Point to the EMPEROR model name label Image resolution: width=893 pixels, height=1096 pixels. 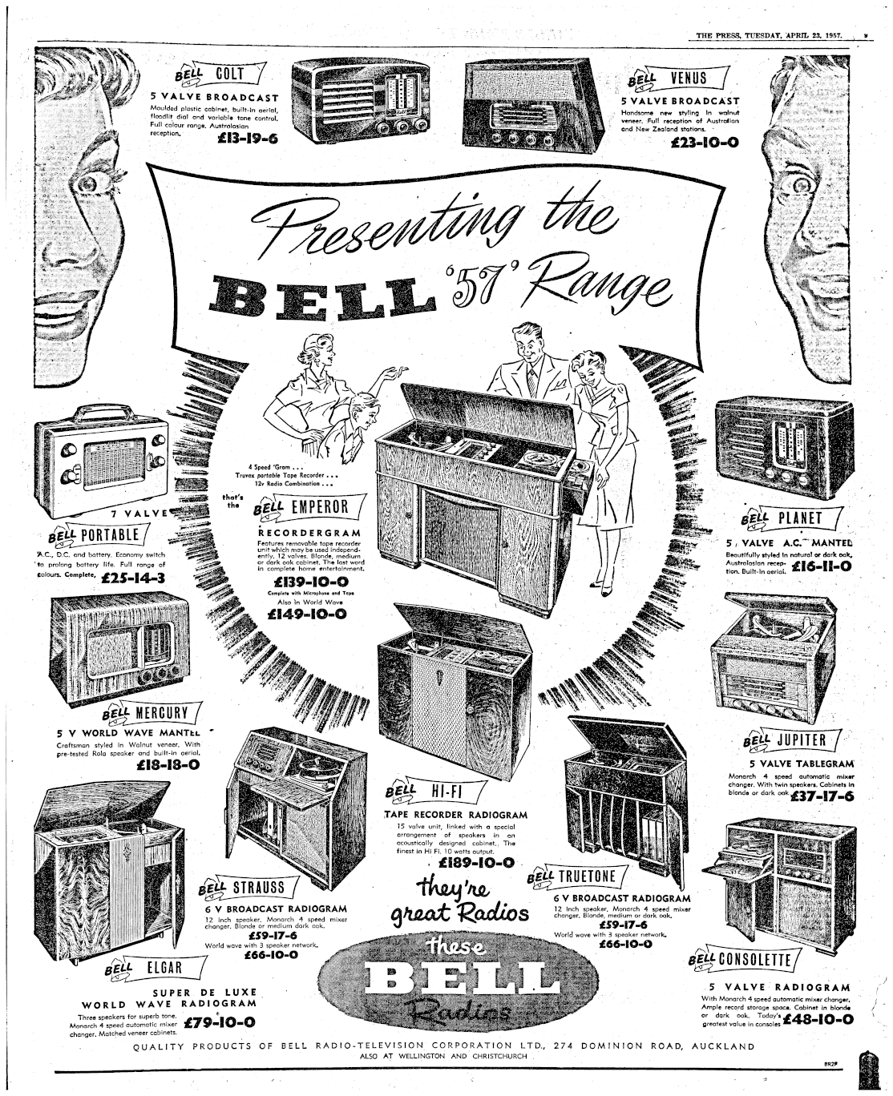click(x=321, y=506)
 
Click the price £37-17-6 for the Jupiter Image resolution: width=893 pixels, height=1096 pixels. click(x=822, y=796)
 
